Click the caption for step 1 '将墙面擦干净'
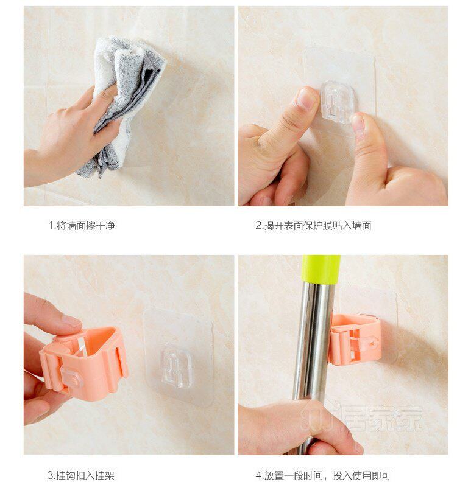tap(86, 226)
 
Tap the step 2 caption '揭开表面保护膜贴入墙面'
tap(317, 226)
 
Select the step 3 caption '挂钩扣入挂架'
tap(85, 475)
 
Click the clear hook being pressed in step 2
tap(338, 102)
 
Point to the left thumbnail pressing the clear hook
tap(306, 99)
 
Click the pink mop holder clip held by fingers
tap(85, 363)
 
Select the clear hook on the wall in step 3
tap(176, 366)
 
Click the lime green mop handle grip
tap(321, 269)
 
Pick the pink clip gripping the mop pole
tap(355, 339)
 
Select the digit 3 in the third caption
tap(51, 476)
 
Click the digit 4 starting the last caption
tap(258, 476)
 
